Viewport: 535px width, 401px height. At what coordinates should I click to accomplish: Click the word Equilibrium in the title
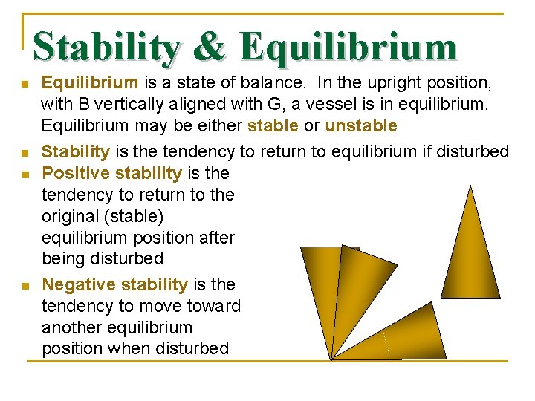click(x=348, y=47)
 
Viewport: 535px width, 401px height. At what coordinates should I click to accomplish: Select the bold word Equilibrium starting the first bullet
click(x=89, y=82)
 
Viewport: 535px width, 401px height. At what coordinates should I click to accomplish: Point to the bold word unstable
click(x=361, y=125)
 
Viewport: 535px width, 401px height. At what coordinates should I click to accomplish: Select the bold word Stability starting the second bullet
click(x=76, y=152)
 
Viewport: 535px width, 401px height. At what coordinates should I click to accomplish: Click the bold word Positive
click(x=73, y=174)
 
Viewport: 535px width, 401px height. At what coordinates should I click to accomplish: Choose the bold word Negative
click(x=77, y=284)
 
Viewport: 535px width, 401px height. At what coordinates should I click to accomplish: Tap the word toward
click(x=215, y=306)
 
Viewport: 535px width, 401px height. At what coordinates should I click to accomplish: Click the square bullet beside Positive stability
click(x=25, y=175)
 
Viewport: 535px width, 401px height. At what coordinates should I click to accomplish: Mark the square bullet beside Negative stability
click(x=25, y=286)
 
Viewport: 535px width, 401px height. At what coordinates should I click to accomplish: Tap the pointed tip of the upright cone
click(x=470, y=187)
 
